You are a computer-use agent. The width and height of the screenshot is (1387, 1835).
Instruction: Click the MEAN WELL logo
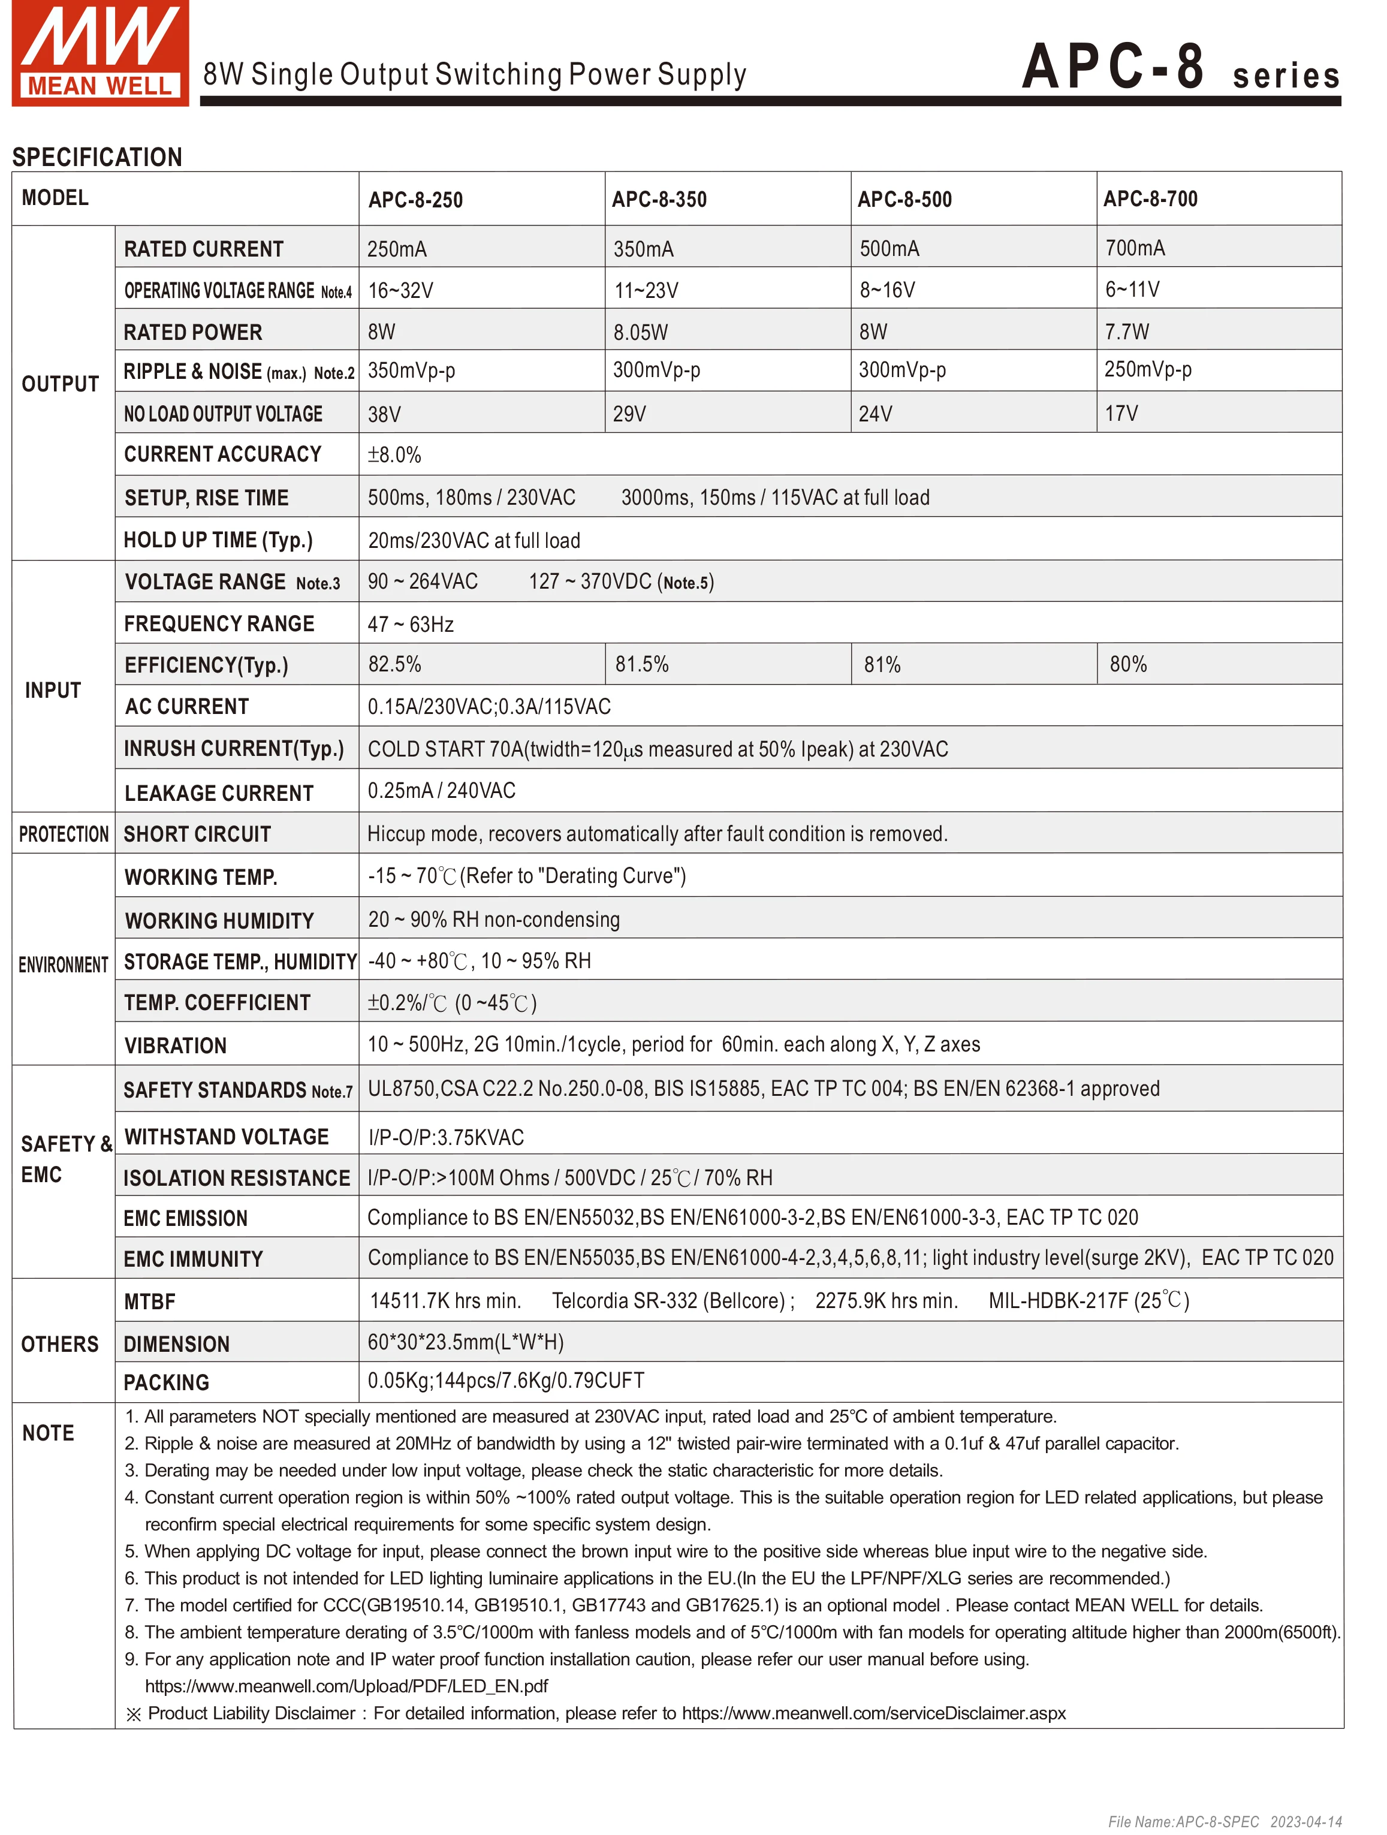click(99, 53)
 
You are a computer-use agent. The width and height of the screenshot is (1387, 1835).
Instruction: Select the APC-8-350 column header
click(659, 200)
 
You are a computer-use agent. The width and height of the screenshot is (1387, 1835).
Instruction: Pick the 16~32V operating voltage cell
click(400, 290)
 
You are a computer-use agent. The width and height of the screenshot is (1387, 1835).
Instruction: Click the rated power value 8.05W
click(640, 333)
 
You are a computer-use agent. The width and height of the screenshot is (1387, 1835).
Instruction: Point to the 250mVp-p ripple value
click(1147, 370)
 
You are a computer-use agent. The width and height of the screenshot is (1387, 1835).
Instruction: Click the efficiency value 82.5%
click(395, 664)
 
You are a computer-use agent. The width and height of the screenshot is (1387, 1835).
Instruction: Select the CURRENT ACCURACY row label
click(222, 454)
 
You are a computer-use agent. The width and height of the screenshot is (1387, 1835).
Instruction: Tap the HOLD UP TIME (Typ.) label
click(218, 540)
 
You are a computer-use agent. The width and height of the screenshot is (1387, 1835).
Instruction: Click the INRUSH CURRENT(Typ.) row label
click(234, 749)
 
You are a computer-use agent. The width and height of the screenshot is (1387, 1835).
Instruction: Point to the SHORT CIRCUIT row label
click(197, 834)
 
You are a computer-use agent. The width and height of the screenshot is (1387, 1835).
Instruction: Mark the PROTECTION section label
click(64, 834)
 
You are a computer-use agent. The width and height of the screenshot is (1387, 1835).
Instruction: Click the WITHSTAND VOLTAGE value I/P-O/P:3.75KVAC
click(447, 1137)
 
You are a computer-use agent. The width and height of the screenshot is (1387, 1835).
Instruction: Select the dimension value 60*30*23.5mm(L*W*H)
click(465, 1342)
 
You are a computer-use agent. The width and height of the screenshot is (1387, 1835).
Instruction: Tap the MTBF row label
click(149, 1301)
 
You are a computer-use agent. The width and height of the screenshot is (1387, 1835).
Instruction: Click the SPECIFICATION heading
click(97, 157)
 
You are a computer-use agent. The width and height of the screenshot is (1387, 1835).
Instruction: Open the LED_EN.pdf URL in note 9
click(346, 1686)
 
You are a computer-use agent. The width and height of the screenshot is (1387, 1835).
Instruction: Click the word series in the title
click(1286, 76)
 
